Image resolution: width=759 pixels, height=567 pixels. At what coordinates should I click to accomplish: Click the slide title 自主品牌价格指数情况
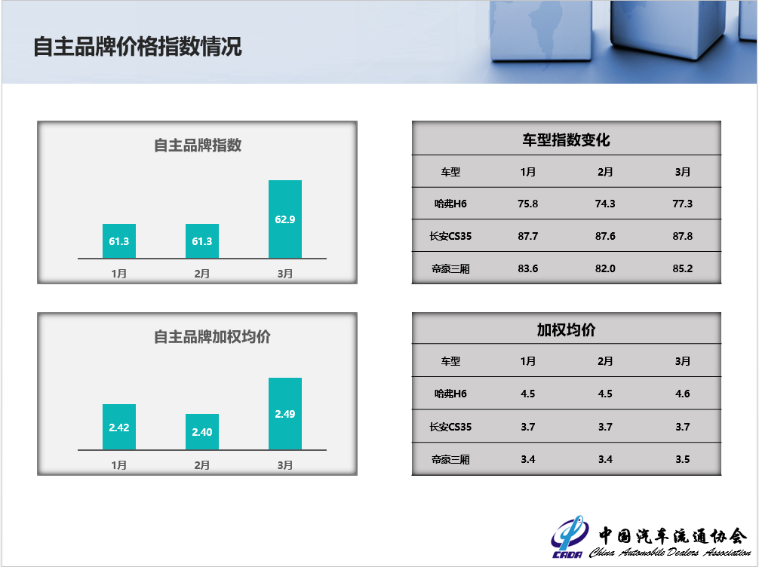tap(137, 47)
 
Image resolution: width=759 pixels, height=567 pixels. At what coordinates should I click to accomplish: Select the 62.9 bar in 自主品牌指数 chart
tap(285, 219)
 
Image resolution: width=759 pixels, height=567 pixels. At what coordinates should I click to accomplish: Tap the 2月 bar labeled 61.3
tap(202, 241)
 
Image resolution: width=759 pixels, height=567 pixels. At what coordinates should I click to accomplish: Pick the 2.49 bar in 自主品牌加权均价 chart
tap(285, 414)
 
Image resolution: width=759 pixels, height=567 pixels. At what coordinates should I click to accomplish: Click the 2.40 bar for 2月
tap(202, 431)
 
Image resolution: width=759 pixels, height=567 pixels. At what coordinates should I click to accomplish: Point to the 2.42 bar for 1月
tap(119, 427)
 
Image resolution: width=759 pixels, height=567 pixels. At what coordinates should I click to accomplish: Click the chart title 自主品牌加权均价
tap(212, 337)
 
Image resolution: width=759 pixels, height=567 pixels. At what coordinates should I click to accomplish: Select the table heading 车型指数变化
tap(566, 139)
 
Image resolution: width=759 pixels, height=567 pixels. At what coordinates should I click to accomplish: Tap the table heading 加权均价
tap(566, 330)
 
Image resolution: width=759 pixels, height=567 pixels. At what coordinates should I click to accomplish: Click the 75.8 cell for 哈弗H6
tap(527, 204)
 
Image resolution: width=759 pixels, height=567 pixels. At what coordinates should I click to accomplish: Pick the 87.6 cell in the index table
tap(605, 236)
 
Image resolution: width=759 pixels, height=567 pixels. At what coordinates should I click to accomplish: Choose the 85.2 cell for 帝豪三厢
tap(683, 268)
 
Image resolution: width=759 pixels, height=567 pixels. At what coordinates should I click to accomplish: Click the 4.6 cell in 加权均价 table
tap(683, 394)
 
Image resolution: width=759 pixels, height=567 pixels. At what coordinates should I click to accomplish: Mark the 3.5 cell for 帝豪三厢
tap(683, 459)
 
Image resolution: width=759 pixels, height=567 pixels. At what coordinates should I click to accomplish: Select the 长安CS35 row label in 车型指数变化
tap(450, 236)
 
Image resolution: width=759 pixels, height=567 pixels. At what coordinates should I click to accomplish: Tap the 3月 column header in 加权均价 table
tap(683, 361)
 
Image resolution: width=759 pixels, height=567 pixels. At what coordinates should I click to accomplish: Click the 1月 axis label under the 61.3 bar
tap(119, 274)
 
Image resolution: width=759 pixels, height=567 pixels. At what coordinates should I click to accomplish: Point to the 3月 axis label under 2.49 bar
tap(285, 465)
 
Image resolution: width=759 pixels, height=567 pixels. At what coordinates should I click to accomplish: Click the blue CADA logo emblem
tap(569, 537)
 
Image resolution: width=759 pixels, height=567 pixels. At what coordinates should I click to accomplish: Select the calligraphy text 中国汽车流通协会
tap(673, 536)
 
